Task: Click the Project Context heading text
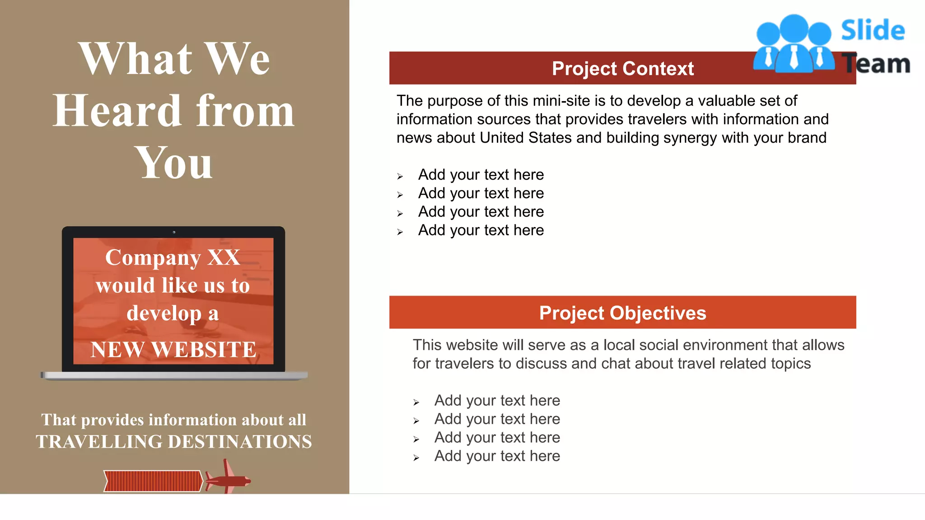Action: (x=622, y=69)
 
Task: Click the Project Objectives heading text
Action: (x=622, y=313)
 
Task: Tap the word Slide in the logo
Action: (x=873, y=31)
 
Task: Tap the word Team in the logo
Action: (x=876, y=64)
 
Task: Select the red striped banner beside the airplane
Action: (x=153, y=481)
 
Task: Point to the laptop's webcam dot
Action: (x=174, y=232)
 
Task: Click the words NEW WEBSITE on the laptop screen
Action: (x=173, y=349)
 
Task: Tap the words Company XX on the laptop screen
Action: (x=173, y=258)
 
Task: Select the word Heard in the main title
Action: (x=117, y=111)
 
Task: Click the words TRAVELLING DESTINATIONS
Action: (x=174, y=441)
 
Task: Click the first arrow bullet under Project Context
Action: (x=400, y=176)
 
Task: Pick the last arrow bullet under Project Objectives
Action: (x=416, y=458)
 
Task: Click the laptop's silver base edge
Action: (x=174, y=376)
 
